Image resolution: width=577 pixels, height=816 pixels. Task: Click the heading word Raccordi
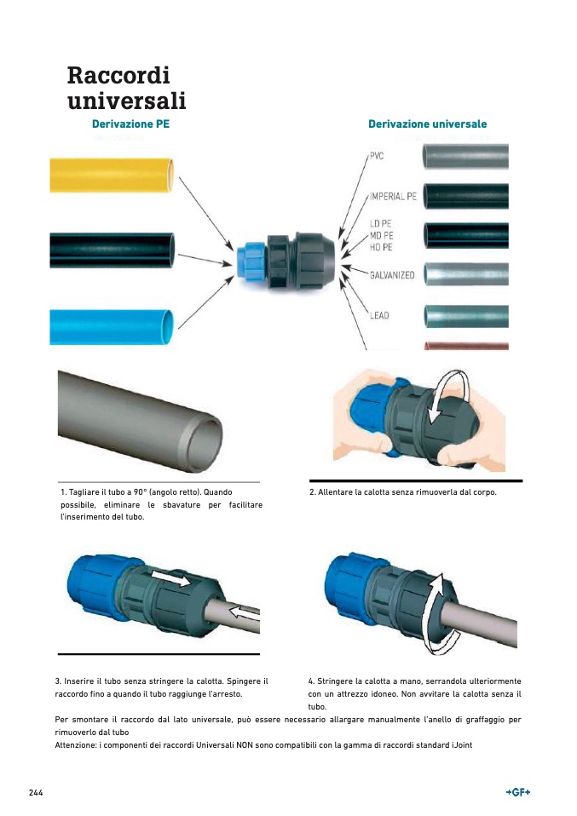pos(118,75)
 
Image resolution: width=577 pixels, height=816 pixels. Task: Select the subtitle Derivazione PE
pos(130,124)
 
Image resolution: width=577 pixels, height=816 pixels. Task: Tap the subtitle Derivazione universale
pos(428,124)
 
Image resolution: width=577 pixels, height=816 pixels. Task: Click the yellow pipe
pos(112,175)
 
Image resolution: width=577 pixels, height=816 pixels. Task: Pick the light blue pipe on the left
pos(112,327)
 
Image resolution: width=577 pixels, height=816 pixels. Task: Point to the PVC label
pos(377,156)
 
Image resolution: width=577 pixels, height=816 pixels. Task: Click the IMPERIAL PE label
pos(393,196)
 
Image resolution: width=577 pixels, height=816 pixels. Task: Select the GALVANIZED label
pos(392,275)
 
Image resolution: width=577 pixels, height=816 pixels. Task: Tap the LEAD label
pos(379,315)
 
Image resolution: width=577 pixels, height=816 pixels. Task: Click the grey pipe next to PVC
pos(465,157)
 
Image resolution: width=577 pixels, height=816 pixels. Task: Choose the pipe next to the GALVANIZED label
pos(465,274)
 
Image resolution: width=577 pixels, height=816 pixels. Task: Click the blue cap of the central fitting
pos(251,261)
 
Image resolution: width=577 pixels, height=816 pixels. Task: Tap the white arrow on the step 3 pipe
pos(245,612)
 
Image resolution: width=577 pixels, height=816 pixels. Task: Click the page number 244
pos(36,793)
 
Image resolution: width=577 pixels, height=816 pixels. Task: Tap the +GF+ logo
pos(518,792)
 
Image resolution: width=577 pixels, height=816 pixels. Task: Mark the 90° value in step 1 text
pos(140,491)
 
